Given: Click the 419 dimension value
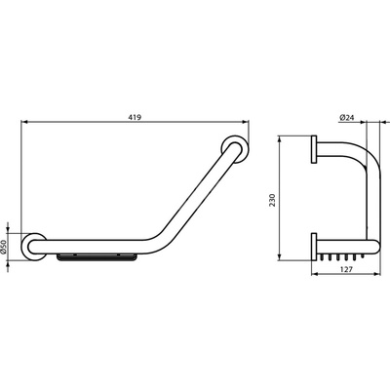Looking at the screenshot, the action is pyautogui.click(x=135, y=117).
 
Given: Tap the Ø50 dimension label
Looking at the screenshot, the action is pyautogui.click(x=3, y=247).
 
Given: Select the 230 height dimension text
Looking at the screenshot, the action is pyautogui.click(x=272, y=200).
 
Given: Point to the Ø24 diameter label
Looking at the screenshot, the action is pyautogui.click(x=346, y=118).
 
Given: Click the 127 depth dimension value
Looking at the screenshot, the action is pyautogui.click(x=345, y=269).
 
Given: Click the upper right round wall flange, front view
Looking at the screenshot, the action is pyautogui.click(x=235, y=148).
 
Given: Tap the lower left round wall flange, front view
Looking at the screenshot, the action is pyautogui.click(x=34, y=247).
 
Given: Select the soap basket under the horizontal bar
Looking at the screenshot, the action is pyautogui.click(x=97, y=257).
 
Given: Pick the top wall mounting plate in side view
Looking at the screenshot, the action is pyautogui.click(x=314, y=149).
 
